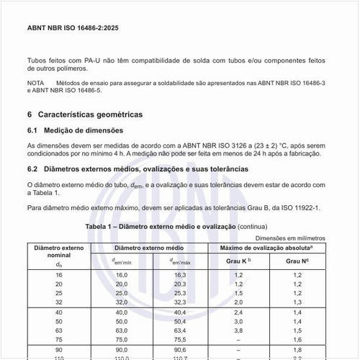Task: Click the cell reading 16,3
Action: click(x=179, y=275)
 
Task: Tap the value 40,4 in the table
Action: click(x=179, y=312)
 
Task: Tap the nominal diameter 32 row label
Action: click(x=58, y=302)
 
